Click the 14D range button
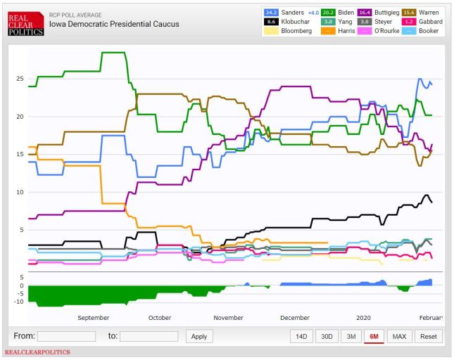pyautogui.click(x=301, y=336)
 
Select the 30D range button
pyautogui.click(x=326, y=336)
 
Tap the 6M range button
pyautogui.click(x=374, y=336)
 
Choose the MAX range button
pyautogui.click(x=399, y=336)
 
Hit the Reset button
pyautogui.click(x=429, y=336)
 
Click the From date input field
pyautogui.click(x=66, y=336)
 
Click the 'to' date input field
pyautogui.click(x=149, y=336)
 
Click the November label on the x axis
pyautogui.click(x=228, y=318)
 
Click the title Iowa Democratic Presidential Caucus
pyautogui.click(x=113, y=24)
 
